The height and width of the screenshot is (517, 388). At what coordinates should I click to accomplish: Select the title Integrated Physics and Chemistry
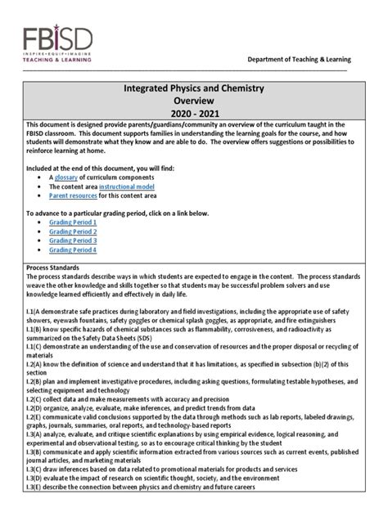pyautogui.click(x=193, y=86)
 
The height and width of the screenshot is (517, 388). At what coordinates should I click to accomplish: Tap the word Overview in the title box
pyautogui.click(x=193, y=99)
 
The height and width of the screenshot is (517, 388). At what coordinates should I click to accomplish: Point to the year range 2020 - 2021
pyautogui.click(x=193, y=113)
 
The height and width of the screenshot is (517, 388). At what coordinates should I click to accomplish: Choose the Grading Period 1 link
pyautogui.click(x=74, y=222)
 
